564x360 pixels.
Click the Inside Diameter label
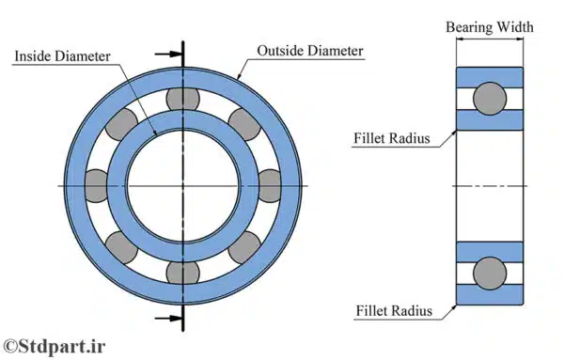point(62,56)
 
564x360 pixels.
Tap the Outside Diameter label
point(310,51)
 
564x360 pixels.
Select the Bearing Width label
point(490,27)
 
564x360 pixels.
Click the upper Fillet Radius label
point(392,138)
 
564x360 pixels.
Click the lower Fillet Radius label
point(394,311)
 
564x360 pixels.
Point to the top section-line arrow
point(167,55)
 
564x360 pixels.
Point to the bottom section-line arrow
point(167,319)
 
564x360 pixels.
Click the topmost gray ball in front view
point(182,100)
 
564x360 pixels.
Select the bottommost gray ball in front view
point(182,273)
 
